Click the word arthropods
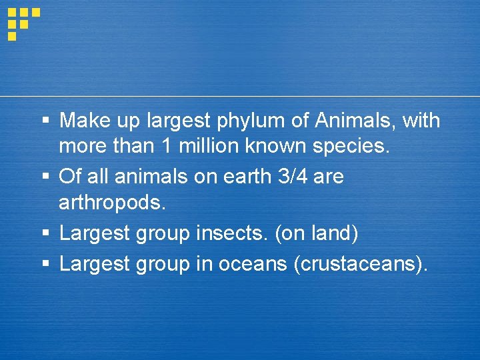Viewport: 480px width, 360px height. coord(111,201)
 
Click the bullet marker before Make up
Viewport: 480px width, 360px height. coord(46,121)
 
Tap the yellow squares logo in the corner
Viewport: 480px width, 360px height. coord(23,23)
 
